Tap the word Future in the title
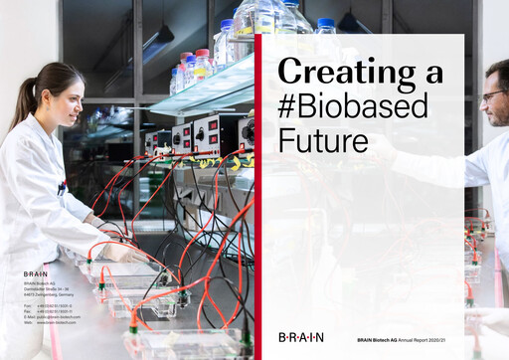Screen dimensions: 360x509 [323, 140]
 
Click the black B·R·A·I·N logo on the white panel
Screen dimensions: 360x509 [300, 338]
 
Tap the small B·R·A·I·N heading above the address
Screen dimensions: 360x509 [37, 272]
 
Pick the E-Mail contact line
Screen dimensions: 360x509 [52, 318]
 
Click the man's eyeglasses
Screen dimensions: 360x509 [492, 95]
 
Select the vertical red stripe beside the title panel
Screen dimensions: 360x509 [258, 189]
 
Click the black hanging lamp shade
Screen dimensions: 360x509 [159, 39]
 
